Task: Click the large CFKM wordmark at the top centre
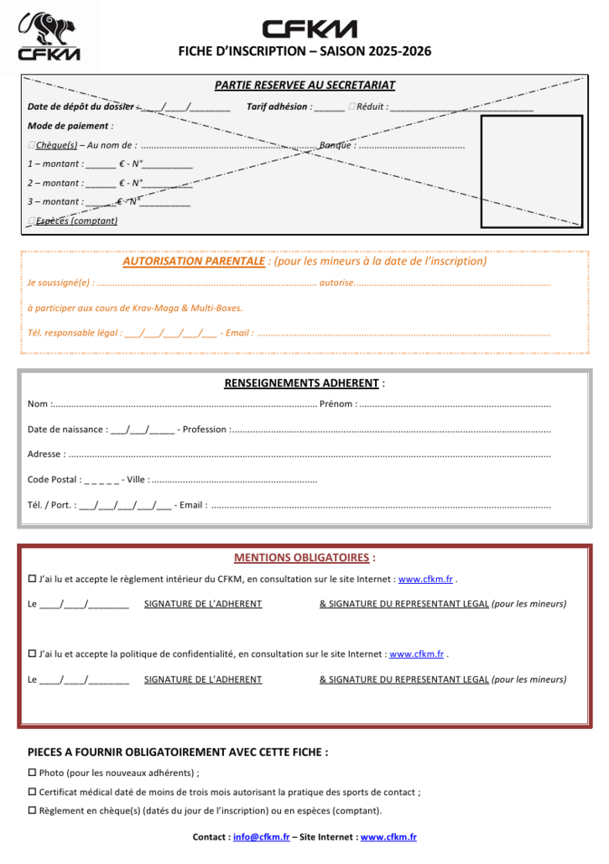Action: [310, 29]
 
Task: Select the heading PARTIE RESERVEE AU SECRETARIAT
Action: [304, 85]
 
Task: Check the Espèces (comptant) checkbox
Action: [32, 221]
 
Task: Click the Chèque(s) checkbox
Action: [32, 145]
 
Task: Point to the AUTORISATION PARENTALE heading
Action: [193, 261]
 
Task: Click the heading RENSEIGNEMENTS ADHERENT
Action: [301, 383]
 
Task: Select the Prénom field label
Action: [337, 404]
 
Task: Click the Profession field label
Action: [204, 429]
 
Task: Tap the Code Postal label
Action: [54, 480]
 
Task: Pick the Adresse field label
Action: [45, 455]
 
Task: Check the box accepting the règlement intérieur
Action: [32, 579]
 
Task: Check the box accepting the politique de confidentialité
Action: [32, 654]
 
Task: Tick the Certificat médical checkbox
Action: [32, 792]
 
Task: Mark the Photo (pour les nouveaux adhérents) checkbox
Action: [32, 773]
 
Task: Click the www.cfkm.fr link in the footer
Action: [388, 837]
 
